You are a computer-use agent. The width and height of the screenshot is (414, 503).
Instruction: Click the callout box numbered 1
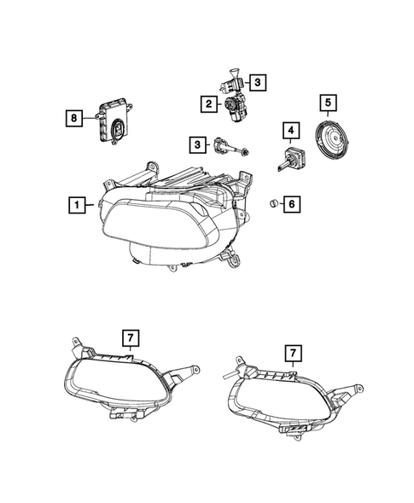[77, 205]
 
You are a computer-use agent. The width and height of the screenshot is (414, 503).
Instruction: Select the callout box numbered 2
[207, 105]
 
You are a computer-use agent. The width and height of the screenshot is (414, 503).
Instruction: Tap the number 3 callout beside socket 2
[259, 83]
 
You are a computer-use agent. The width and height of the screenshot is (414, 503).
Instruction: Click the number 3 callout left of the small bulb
[197, 145]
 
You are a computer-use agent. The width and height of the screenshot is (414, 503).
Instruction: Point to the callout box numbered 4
[292, 131]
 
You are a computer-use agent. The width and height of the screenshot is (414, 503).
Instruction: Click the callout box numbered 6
[291, 204]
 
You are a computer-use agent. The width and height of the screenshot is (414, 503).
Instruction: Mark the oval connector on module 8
[118, 131]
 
